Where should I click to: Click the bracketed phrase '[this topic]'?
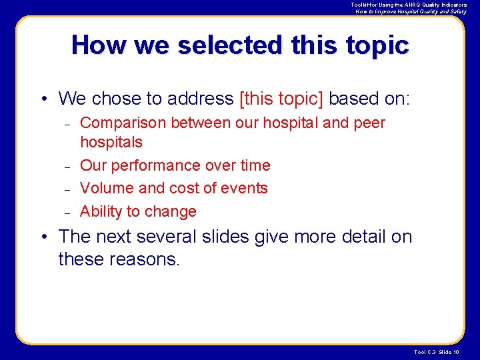tap(281, 99)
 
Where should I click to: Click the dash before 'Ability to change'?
tap(67, 213)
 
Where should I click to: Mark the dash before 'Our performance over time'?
tap(67, 166)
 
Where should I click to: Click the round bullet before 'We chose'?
tap(43, 99)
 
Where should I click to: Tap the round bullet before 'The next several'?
tap(43, 237)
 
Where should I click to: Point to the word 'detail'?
tap(370, 237)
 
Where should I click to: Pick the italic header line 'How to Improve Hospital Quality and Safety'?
tap(411, 11)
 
